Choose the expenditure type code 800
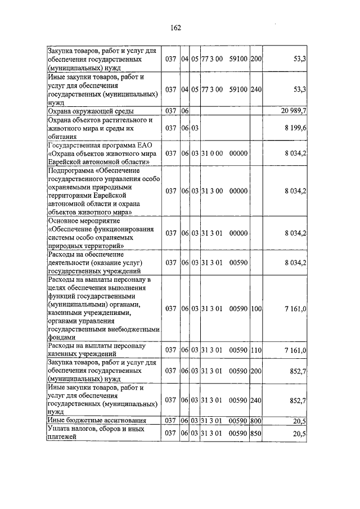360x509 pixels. [256, 420]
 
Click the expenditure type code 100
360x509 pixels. [256, 309]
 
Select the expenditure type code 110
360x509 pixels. [256, 350]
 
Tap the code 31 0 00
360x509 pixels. [212, 153]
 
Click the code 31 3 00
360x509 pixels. [212, 191]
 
